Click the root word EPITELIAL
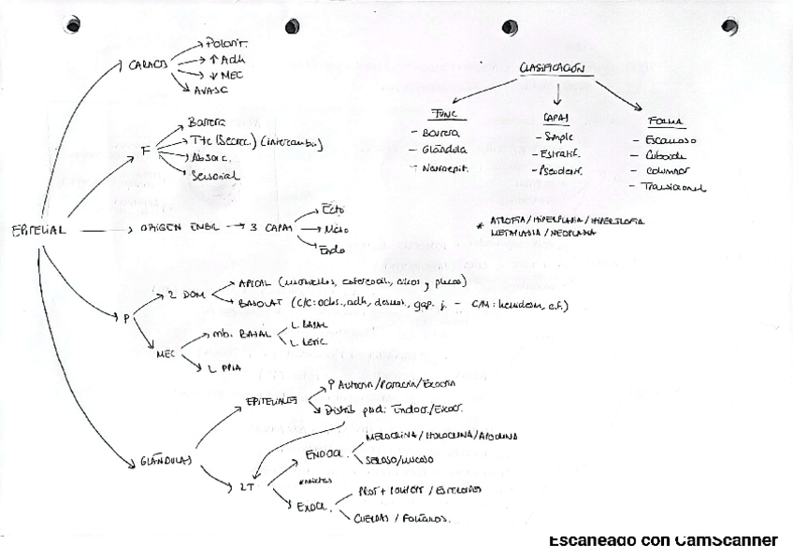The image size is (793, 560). (x=38, y=231)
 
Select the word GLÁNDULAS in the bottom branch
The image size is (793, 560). (x=166, y=460)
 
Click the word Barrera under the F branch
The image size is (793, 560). (x=207, y=122)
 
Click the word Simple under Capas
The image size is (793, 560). (x=558, y=137)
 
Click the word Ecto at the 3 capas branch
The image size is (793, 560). (x=333, y=208)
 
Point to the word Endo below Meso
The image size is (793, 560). (x=332, y=250)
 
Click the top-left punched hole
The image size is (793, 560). (x=73, y=25)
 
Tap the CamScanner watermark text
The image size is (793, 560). (x=662, y=540)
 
